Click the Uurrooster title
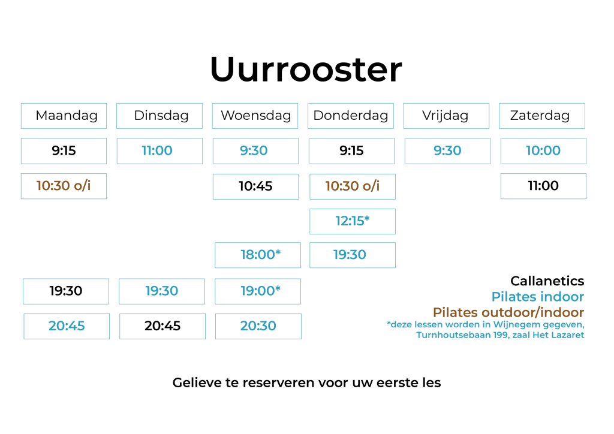[x=306, y=70]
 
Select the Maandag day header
[x=64, y=116]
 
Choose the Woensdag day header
[x=255, y=116]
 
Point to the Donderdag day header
[x=351, y=116]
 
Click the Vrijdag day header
[x=446, y=116]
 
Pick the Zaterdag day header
[x=541, y=116]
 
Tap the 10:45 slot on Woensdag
[x=255, y=186]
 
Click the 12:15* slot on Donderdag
[x=353, y=221]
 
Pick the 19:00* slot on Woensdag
[x=258, y=291]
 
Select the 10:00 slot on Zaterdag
[x=543, y=150]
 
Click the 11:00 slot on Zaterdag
[x=543, y=186]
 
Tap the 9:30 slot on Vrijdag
[x=447, y=150]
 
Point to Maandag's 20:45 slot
[x=67, y=326]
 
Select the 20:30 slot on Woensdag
[x=258, y=326]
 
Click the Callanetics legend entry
[x=547, y=281]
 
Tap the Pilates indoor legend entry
[x=538, y=297]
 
